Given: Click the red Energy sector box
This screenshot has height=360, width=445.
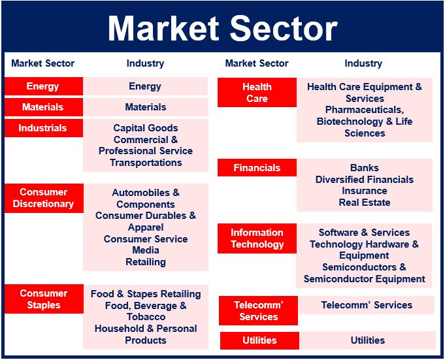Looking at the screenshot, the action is tap(44, 86).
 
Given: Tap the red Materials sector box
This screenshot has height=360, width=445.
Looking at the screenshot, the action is tap(44, 107).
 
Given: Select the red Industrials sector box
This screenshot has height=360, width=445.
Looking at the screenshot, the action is tap(44, 128).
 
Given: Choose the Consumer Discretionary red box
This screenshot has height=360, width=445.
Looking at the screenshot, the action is tap(44, 198).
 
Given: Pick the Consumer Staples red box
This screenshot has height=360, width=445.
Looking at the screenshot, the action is tap(44, 299).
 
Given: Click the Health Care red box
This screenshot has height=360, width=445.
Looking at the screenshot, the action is tap(257, 93).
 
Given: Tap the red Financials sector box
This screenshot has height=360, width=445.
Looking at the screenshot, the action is tap(257, 168).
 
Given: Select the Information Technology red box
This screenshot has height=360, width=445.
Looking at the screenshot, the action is tap(257, 238).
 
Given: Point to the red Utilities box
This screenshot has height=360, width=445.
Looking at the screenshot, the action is tap(259, 340).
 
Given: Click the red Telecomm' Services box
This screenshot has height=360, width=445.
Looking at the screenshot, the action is tap(259, 310).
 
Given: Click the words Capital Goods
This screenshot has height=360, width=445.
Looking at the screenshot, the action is tap(146, 128).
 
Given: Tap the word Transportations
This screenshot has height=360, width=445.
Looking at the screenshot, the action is tap(146, 163).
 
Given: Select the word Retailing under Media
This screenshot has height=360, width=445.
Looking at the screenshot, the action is tap(146, 262).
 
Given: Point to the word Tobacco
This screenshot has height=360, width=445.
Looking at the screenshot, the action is tap(146, 317).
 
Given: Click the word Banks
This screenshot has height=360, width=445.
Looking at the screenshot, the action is tap(365, 168).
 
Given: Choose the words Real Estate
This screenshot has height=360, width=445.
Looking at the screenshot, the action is tap(365, 203).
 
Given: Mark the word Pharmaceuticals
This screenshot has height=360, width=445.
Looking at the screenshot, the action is tap(365, 110).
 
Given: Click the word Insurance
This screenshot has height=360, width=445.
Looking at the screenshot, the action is tap(365, 191).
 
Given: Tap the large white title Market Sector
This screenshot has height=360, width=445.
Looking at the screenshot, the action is tap(222, 28).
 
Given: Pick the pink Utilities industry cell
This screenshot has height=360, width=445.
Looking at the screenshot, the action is tap(368, 340).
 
